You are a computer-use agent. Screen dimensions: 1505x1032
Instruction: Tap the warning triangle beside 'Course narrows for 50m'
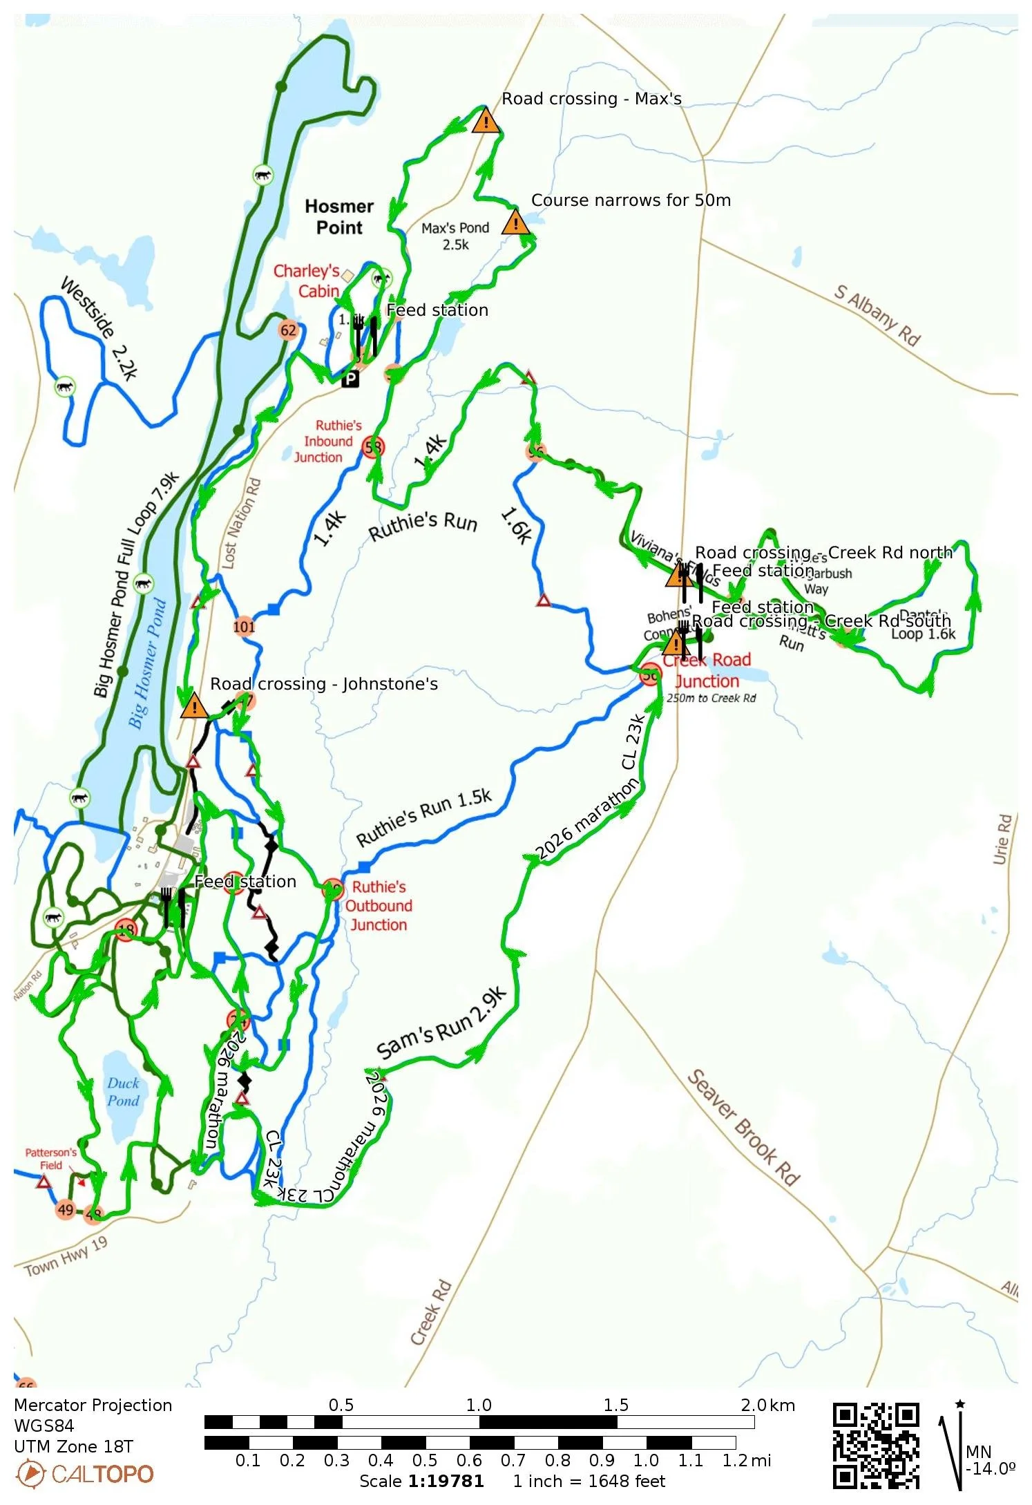(x=515, y=223)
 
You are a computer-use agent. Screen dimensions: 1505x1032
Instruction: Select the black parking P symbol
(x=351, y=379)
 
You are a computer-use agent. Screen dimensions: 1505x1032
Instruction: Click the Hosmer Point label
(x=339, y=217)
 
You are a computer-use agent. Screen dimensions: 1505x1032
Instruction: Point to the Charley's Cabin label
(x=307, y=281)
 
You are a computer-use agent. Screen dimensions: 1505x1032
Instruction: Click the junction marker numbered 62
(x=288, y=330)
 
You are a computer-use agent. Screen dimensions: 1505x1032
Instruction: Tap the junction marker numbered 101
(x=244, y=627)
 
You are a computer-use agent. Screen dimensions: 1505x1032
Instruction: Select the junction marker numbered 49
(x=66, y=1209)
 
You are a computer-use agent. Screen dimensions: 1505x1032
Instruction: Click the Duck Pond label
(x=123, y=1092)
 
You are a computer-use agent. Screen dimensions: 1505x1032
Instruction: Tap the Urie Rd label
(x=1003, y=839)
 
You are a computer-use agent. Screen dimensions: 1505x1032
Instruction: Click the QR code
(x=875, y=1446)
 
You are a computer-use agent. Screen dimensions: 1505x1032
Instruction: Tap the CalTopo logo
(x=84, y=1474)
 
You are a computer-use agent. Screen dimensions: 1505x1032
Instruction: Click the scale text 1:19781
(x=446, y=1482)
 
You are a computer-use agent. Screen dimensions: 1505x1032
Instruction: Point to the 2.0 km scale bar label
(x=767, y=1405)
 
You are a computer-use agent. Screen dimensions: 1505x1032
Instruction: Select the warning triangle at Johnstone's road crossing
(x=194, y=706)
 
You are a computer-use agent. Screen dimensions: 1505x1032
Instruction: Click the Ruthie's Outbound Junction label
(x=379, y=906)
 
